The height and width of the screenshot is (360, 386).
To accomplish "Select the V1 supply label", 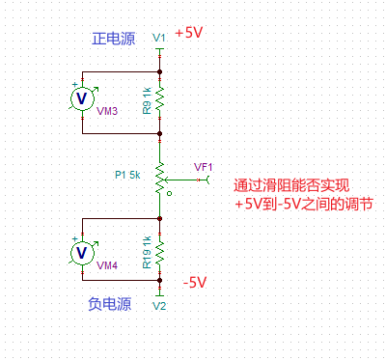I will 159,37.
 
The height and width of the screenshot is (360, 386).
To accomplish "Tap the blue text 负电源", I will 108,303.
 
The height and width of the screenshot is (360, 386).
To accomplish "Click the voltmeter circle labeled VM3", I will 83,97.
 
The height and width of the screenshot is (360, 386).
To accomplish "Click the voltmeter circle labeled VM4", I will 83,252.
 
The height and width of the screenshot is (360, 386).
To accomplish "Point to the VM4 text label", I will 107,263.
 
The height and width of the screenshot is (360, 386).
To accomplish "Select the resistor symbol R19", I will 160,252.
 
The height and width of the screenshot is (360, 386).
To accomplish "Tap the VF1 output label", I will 204,166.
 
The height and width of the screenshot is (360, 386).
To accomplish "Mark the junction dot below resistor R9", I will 160,133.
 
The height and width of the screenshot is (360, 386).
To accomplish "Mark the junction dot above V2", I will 160,281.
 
